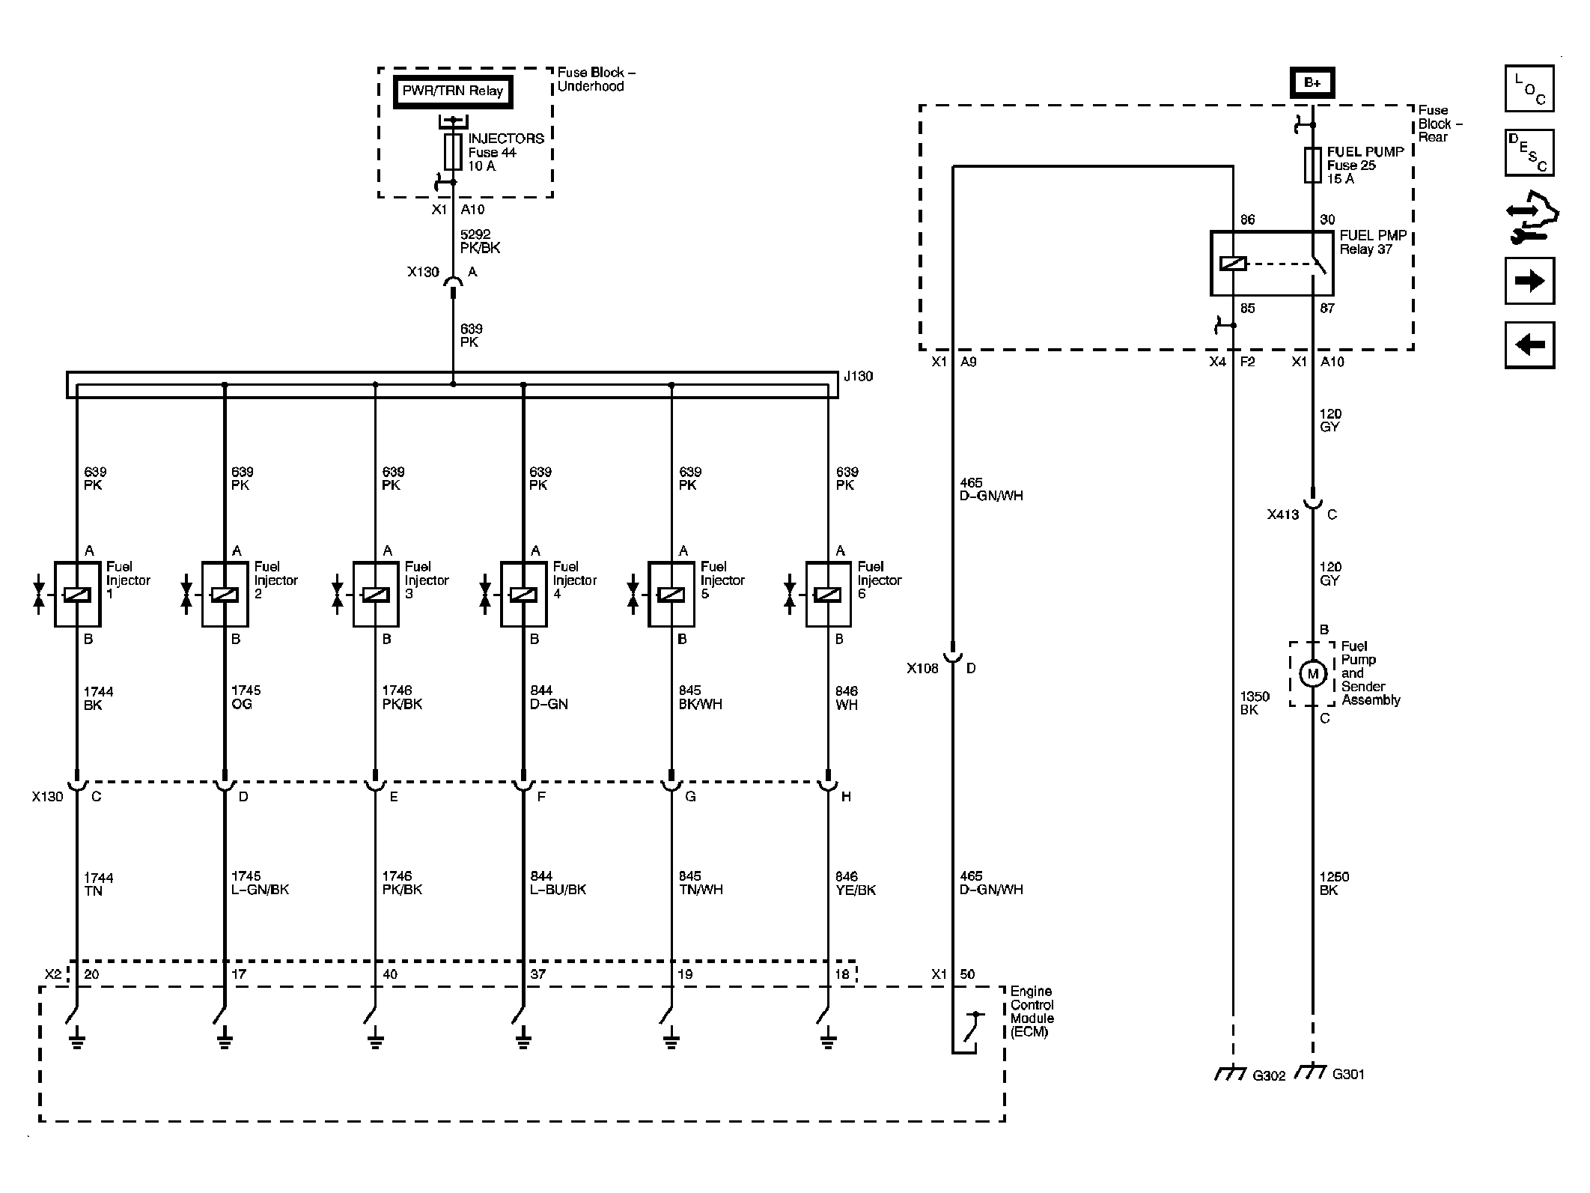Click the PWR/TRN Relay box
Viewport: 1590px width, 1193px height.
click(x=453, y=92)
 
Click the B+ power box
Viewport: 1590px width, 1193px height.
click(x=1312, y=83)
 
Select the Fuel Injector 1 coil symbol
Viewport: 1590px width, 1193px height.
click(x=77, y=594)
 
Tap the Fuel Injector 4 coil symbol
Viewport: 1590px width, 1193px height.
click(x=523, y=594)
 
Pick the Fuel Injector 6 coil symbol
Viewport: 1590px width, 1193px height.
click(x=827, y=594)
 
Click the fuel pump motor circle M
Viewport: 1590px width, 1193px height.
click(x=1312, y=674)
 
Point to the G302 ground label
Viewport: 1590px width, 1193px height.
click(x=1269, y=1075)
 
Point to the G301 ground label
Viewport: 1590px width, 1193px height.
click(x=1348, y=1074)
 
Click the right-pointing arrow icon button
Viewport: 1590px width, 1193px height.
click(x=1529, y=281)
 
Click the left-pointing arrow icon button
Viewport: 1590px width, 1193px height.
click(x=1529, y=345)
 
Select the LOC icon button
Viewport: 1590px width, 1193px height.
click(x=1529, y=88)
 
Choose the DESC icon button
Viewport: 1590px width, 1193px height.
click(x=1529, y=153)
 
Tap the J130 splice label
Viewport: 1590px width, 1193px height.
click(x=858, y=377)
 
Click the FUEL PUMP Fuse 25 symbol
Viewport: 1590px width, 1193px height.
click(x=1312, y=165)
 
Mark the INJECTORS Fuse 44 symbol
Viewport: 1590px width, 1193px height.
click(x=453, y=152)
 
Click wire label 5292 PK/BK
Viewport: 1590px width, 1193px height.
click(x=481, y=241)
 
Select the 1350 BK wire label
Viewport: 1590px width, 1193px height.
click(x=1255, y=703)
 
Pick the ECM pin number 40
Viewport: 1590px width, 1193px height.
click(x=390, y=974)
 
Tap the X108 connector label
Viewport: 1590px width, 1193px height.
click(x=922, y=668)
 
